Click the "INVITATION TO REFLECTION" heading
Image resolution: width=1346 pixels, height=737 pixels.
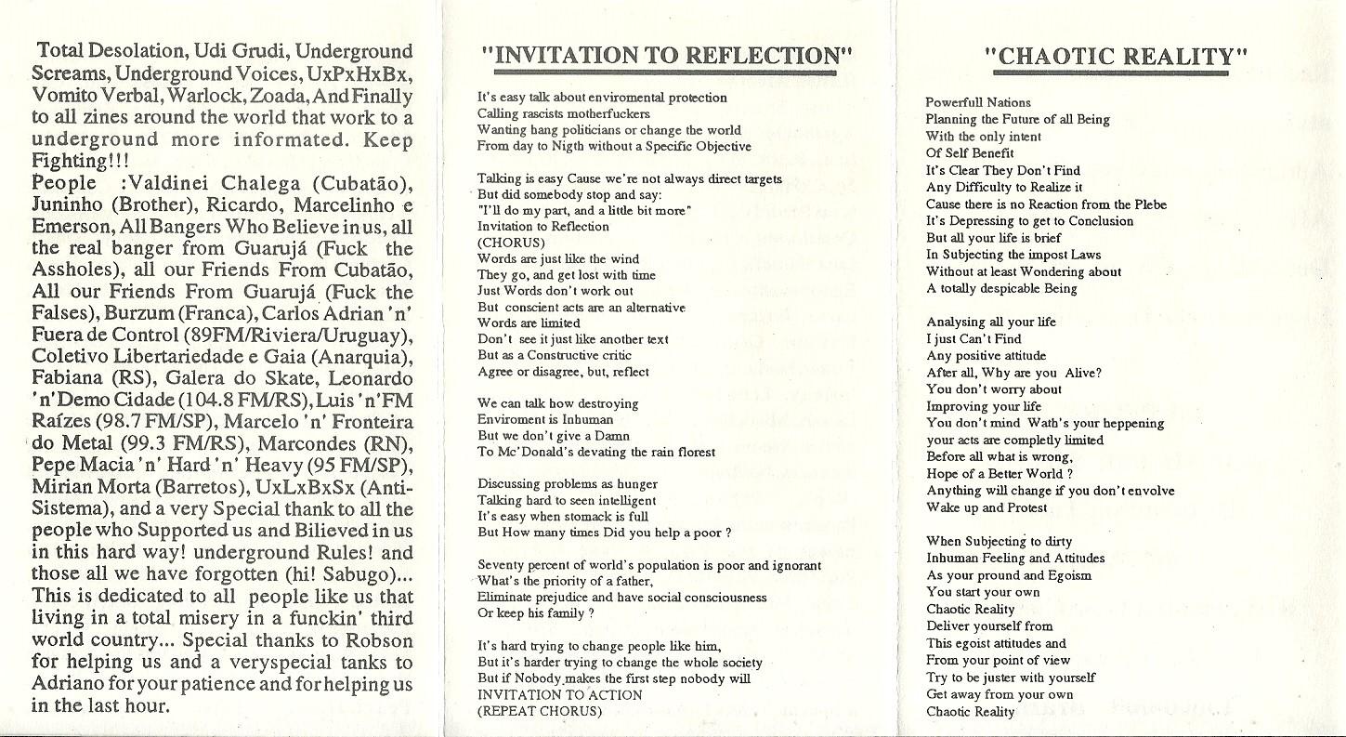(x=667, y=55)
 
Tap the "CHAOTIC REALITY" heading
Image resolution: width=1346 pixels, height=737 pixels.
(x=1116, y=57)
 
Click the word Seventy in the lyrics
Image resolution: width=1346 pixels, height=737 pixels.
(x=501, y=565)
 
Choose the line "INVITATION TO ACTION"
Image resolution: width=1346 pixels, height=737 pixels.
(x=559, y=694)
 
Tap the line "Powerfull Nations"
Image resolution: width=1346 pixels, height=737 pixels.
(x=978, y=102)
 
